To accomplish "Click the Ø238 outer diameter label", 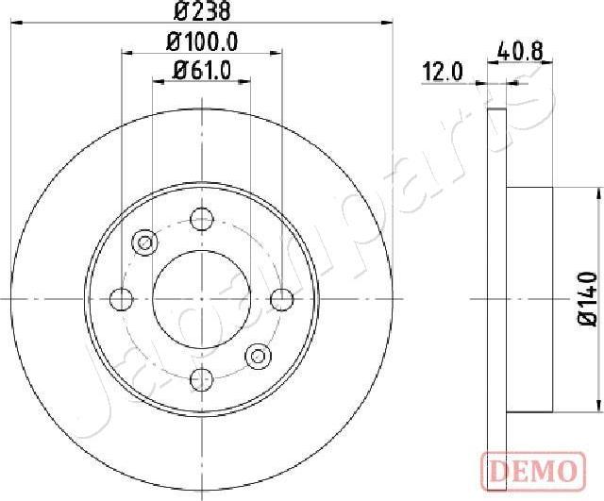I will click(x=201, y=12).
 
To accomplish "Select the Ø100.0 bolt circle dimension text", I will click(x=201, y=42).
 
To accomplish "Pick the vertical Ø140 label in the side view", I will click(x=587, y=298).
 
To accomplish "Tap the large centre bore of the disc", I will click(x=201, y=299).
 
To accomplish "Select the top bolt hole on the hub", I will click(x=201, y=219).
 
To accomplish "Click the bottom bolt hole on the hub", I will click(x=201, y=379).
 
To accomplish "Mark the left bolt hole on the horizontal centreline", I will click(x=121, y=299).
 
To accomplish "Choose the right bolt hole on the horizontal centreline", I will click(x=281, y=299).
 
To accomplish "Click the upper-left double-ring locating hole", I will click(x=144, y=242).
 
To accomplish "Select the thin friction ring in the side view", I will click(x=497, y=299).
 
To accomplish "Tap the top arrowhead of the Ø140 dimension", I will click(x=598, y=192).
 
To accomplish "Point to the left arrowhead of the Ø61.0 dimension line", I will click(x=158, y=82).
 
